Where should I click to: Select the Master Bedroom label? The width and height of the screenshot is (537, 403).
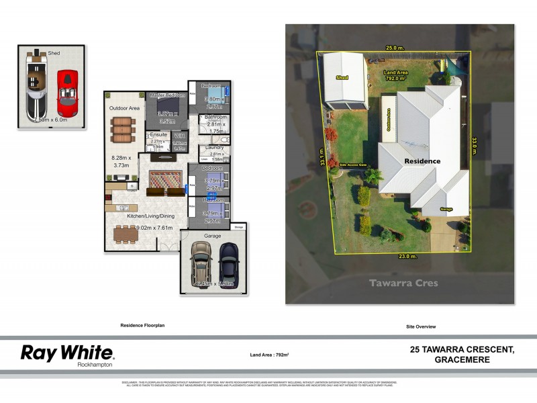[x=167, y=96]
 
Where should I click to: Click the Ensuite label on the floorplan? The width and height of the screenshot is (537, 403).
[x=159, y=134]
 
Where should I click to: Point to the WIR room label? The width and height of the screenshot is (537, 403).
[x=179, y=134]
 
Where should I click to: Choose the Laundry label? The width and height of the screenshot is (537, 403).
[x=215, y=147]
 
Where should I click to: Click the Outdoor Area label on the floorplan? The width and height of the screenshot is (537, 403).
[x=124, y=107]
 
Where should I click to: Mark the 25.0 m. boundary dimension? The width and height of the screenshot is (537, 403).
[x=395, y=48]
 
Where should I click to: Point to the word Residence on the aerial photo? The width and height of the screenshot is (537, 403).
[x=422, y=161]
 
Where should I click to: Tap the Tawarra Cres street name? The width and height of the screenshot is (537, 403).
[x=403, y=283]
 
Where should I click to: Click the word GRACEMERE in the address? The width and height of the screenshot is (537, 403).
[x=462, y=360]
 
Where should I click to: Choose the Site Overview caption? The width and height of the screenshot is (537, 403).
[x=421, y=326]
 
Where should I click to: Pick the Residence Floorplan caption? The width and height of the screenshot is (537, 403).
[x=142, y=325]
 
